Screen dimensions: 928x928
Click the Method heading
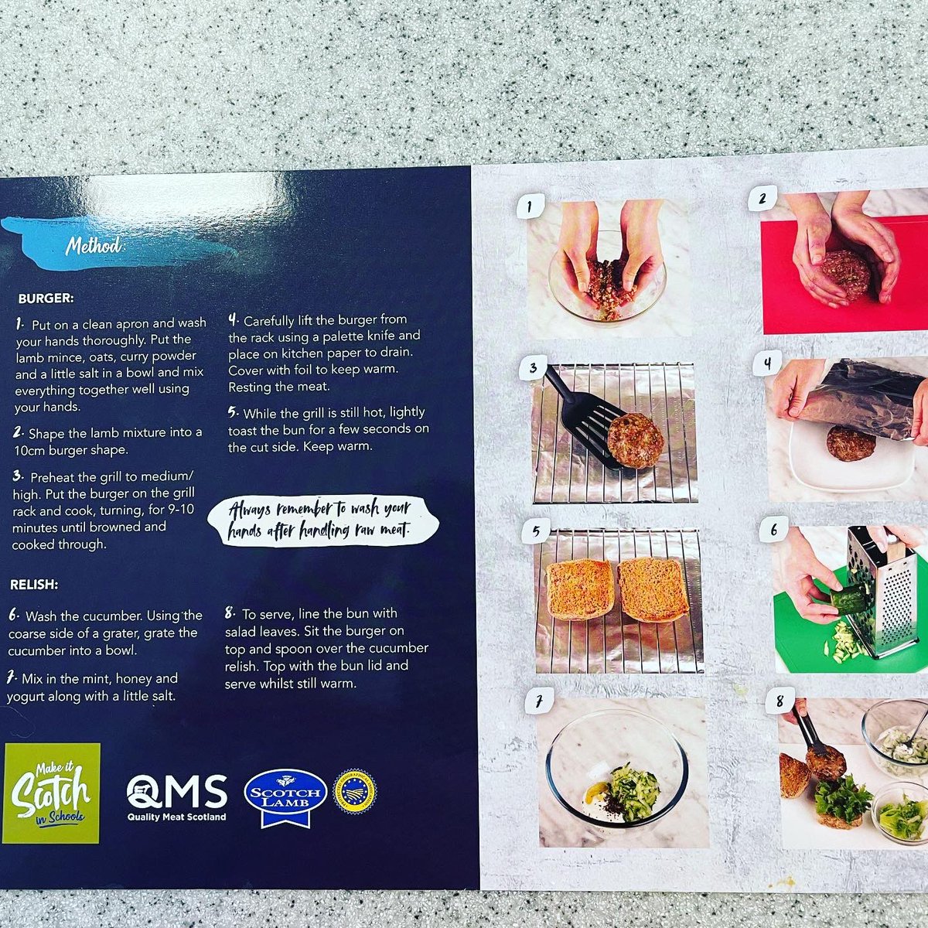[93, 246]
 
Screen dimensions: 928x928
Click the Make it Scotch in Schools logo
[52, 793]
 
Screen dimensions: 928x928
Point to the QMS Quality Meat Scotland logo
[177, 797]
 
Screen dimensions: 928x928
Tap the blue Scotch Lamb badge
[284, 796]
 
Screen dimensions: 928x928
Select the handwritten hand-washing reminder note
[323, 520]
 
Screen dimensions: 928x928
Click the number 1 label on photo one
[530, 206]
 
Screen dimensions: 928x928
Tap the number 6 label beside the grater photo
[773, 530]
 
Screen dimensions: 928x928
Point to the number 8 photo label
[779, 701]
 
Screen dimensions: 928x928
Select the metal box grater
[882, 592]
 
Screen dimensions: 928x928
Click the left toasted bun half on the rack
[580, 589]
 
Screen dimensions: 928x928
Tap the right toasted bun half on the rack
[653, 589]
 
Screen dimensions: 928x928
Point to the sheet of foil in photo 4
[858, 398]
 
